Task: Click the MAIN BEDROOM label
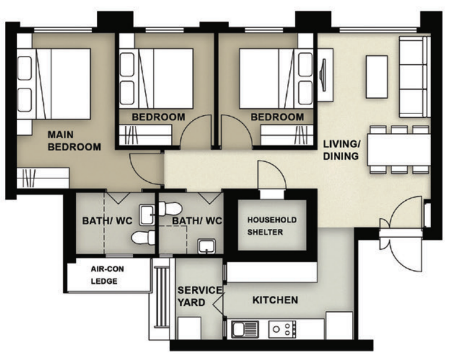[x=74, y=139]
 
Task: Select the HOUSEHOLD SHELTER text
[x=272, y=226]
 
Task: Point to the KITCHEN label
[x=275, y=300]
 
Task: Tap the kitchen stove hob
[x=282, y=329]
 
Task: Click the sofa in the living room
[x=414, y=76]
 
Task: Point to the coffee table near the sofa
[x=377, y=76]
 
